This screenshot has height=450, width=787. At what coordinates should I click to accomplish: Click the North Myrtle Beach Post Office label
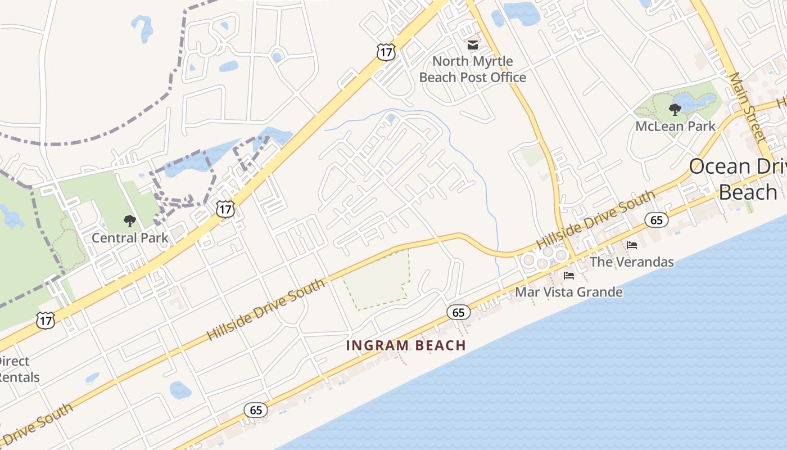coord(472,69)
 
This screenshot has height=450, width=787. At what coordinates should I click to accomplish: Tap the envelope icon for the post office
coord(472,44)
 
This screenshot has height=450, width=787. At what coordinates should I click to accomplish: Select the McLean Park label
coord(675,126)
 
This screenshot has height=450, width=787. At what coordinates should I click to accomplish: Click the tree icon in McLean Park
coord(675,109)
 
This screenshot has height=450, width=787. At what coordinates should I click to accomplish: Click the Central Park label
coord(130,237)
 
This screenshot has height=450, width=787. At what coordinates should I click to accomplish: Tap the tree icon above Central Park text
coord(130,220)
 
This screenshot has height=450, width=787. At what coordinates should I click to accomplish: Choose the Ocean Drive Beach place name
coord(736,179)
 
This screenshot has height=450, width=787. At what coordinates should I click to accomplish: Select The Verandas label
coord(631,262)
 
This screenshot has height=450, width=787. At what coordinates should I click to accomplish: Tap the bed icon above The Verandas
coord(632,245)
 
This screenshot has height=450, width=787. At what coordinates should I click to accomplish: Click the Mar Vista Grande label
coord(569,292)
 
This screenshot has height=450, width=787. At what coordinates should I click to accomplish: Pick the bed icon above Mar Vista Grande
coord(569,276)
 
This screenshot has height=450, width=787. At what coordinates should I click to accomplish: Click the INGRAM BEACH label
coord(406,345)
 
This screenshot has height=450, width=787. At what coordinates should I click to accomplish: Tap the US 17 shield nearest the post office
coord(386,52)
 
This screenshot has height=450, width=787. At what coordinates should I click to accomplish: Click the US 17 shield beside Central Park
coord(225,209)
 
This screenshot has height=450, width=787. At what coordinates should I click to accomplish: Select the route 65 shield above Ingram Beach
coord(459,312)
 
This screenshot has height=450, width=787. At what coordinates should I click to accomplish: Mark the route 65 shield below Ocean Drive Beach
coord(657,220)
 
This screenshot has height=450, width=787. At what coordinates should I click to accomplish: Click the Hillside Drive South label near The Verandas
coord(596,219)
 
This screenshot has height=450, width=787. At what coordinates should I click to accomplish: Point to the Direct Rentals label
coord(17,369)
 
